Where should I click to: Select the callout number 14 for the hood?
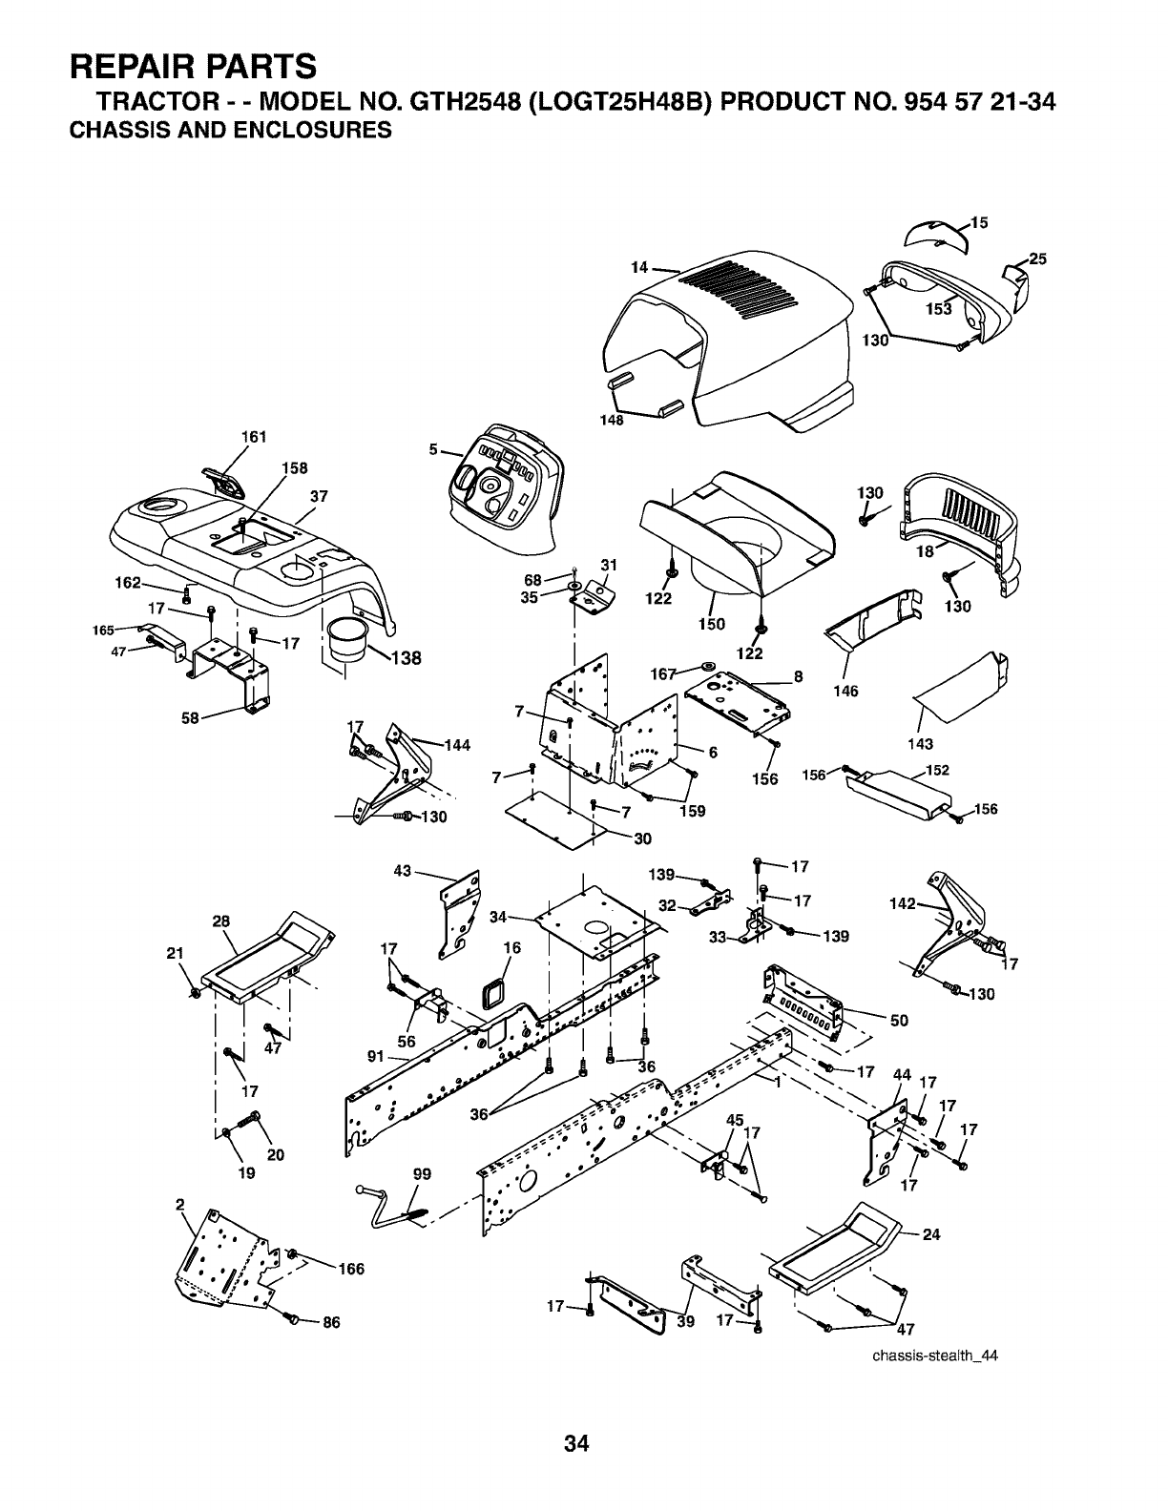point(639,268)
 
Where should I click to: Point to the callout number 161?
point(254,438)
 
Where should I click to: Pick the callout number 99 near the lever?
point(423,1175)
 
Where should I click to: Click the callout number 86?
point(332,1322)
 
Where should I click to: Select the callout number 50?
point(898,1020)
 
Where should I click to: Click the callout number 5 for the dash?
point(432,449)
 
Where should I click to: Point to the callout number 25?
point(1038,259)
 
